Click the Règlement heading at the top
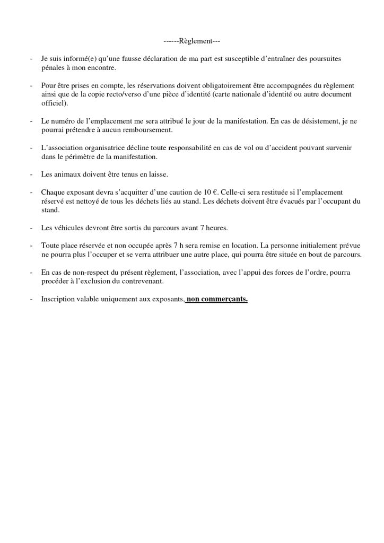pyautogui.click(x=191, y=41)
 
